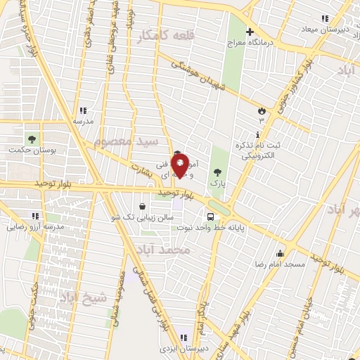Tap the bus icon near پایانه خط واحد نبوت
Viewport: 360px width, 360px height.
tap(211, 216)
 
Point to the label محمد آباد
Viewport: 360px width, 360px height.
tap(184, 250)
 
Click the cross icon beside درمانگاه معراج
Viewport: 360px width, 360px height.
tap(250, 32)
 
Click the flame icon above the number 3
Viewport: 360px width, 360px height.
tap(262, 110)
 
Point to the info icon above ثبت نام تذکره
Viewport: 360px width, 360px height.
tap(258, 134)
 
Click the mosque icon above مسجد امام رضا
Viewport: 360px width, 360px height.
tap(280, 254)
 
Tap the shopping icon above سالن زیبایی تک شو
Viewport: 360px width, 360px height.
tap(143, 207)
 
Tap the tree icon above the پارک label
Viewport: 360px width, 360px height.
tap(217, 171)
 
